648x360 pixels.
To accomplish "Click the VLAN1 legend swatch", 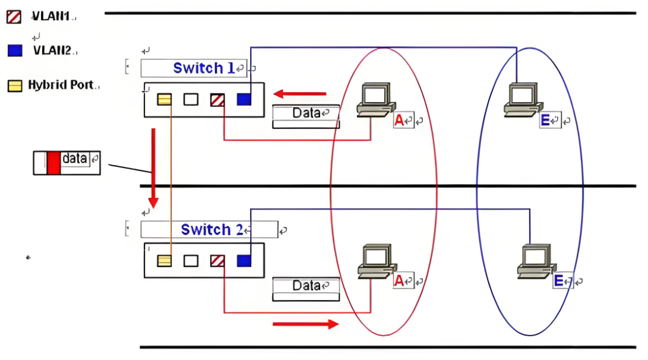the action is pyautogui.click(x=14, y=17).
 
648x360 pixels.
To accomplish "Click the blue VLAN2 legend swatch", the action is pyautogui.click(x=15, y=50).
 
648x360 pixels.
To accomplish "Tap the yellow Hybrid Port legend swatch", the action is pyautogui.click(x=15, y=86).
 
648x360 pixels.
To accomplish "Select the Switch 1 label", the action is pyautogui.click(x=204, y=68).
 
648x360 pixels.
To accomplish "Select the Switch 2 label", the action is pyautogui.click(x=212, y=229).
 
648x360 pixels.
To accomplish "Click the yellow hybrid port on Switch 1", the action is pyautogui.click(x=164, y=99).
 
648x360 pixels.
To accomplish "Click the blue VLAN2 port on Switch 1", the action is pyautogui.click(x=244, y=99).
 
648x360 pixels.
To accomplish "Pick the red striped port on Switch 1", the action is pyautogui.click(x=217, y=100).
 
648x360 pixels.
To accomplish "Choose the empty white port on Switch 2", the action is pyautogui.click(x=191, y=261).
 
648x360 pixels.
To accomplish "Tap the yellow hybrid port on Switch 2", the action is pyautogui.click(x=164, y=261).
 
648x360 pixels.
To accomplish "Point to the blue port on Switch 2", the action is pyautogui.click(x=244, y=261).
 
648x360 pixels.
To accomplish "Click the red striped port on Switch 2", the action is pyautogui.click(x=217, y=261).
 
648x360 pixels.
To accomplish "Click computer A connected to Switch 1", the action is pyautogui.click(x=375, y=100).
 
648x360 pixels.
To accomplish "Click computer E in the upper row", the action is pyautogui.click(x=522, y=100).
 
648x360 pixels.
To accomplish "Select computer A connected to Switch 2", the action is pyautogui.click(x=377, y=261).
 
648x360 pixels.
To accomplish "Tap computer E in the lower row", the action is pyautogui.click(x=536, y=261).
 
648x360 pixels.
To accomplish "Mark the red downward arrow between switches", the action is pyautogui.click(x=153, y=168).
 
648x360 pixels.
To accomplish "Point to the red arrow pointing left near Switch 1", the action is pyautogui.click(x=299, y=94).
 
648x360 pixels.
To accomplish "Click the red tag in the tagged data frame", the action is pyautogui.click(x=53, y=163).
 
